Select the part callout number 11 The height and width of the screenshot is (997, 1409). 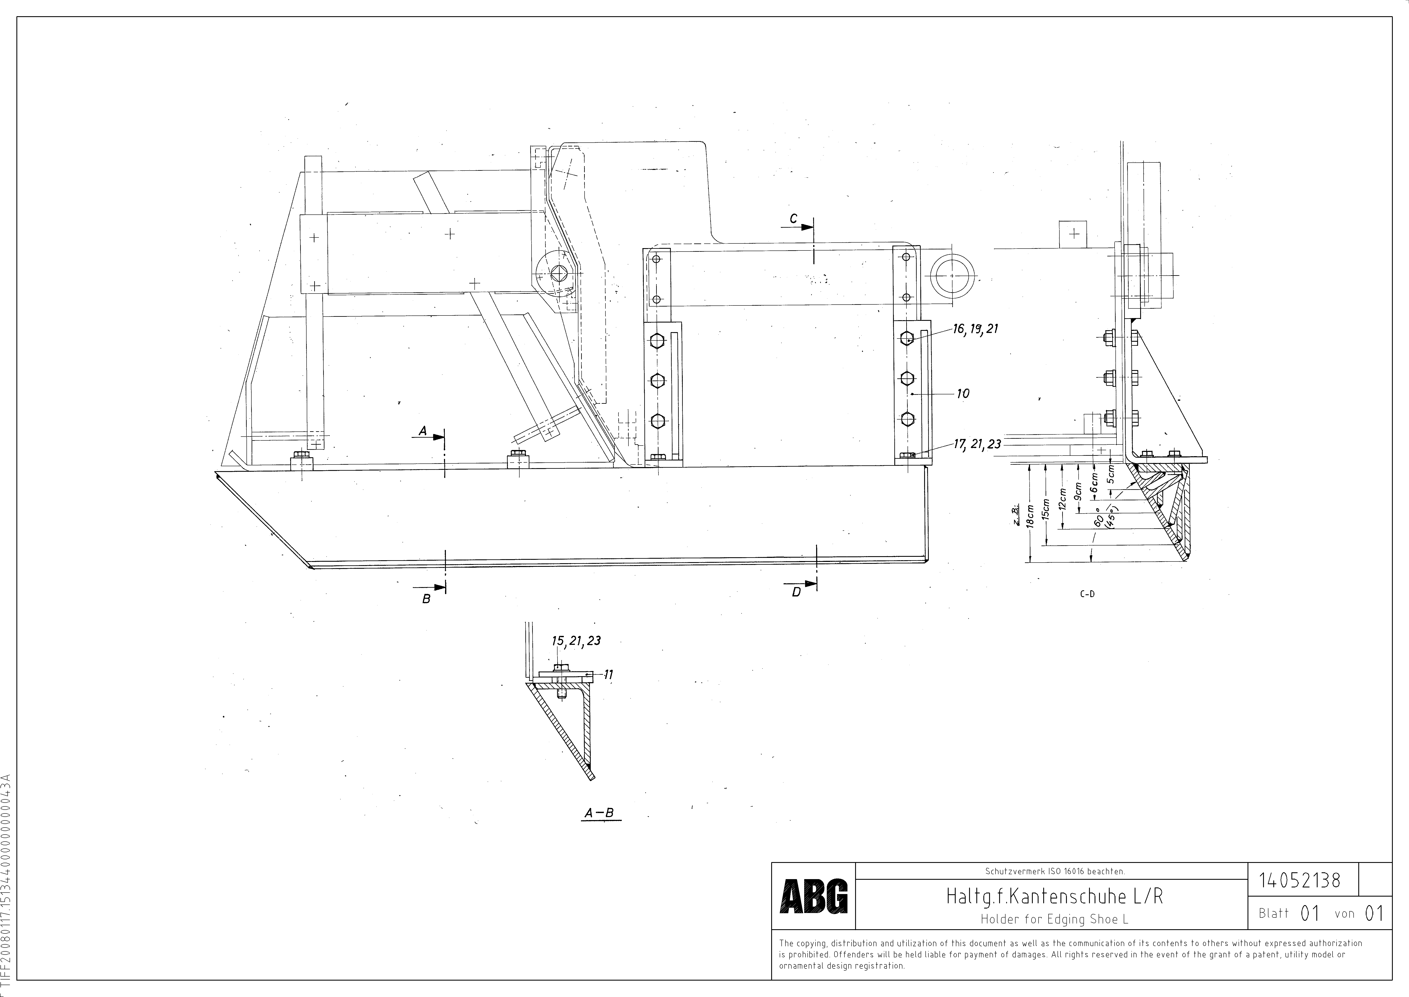click(608, 675)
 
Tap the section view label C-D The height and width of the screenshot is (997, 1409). click(1087, 594)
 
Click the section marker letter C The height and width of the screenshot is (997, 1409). click(794, 219)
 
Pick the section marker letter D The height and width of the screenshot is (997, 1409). click(796, 592)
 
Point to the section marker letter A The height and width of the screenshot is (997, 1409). click(423, 432)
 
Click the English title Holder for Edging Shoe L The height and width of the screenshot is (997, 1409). click(1054, 919)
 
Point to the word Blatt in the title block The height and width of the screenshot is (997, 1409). click(1273, 913)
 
